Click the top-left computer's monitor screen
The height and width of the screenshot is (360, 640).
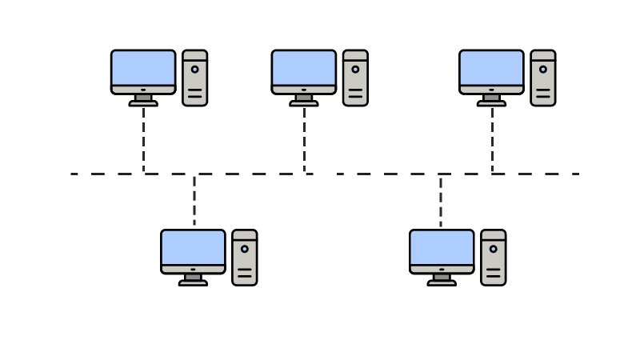pyautogui.click(x=143, y=67)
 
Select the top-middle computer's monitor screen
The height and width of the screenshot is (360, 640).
pyautogui.click(x=304, y=67)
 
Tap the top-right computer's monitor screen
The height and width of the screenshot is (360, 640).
pyautogui.click(x=491, y=67)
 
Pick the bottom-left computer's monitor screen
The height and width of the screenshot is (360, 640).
pyautogui.click(x=193, y=247)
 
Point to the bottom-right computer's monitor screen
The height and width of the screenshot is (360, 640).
pyautogui.click(x=442, y=247)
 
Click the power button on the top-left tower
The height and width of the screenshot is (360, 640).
pyautogui.click(x=194, y=69)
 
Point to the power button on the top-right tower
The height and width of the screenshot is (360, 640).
pyautogui.click(x=542, y=69)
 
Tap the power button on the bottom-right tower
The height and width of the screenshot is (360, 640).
pyautogui.click(x=493, y=249)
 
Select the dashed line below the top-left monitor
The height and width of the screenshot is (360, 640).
pyautogui.click(x=144, y=140)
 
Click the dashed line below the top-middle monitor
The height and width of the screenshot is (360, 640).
pyautogui.click(x=304, y=140)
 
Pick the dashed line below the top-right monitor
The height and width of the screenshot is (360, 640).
pyautogui.click(x=492, y=140)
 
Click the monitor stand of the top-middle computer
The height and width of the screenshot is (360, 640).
pyautogui.click(x=304, y=100)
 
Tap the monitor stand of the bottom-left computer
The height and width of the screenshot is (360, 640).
pyautogui.click(x=193, y=280)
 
